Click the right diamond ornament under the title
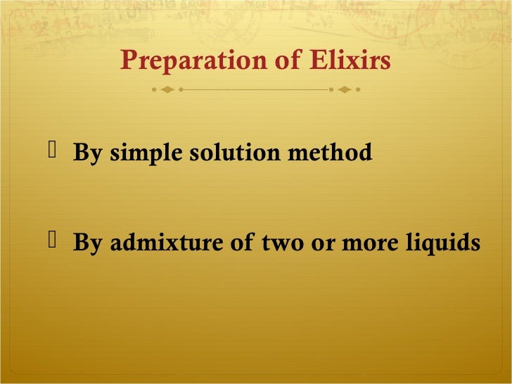(345, 90)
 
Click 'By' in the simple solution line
(88, 152)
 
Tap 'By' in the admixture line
(88, 243)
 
